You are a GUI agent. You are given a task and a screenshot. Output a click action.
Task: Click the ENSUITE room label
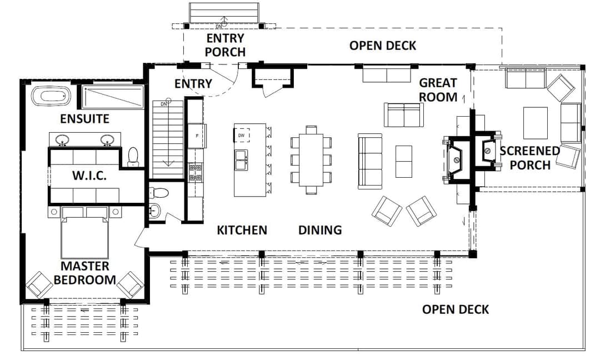click(x=84, y=118)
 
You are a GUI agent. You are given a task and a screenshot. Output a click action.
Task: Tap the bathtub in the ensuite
click(x=51, y=96)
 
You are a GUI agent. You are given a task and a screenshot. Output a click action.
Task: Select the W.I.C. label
click(x=89, y=176)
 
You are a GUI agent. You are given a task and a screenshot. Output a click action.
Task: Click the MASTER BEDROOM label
click(x=84, y=273)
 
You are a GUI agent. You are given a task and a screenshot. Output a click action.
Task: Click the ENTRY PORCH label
click(x=225, y=45)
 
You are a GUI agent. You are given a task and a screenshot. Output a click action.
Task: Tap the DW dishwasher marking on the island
click(x=242, y=136)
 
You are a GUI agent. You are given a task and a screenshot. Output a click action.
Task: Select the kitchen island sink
click(x=241, y=159)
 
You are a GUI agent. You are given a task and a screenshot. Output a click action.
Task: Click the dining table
click(x=311, y=159)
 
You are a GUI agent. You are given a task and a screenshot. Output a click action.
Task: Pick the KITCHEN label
click(x=242, y=230)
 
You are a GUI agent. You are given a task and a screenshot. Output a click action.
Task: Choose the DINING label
click(x=320, y=230)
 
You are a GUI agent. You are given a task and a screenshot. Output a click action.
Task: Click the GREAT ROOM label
click(x=438, y=90)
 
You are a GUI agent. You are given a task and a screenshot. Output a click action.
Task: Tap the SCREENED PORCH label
click(x=530, y=158)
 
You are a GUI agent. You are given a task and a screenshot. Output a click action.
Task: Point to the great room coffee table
click(x=404, y=162)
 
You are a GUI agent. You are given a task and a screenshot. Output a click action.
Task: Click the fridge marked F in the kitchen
click(x=197, y=136)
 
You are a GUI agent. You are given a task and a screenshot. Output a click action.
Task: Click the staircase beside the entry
click(x=168, y=139)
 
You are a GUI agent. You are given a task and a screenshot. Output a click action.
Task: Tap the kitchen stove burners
click(x=195, y=173)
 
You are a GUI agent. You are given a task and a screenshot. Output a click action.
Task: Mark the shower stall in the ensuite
click(x=112, y=97)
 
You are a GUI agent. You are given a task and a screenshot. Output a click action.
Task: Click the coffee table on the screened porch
click(x=536, y=123)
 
